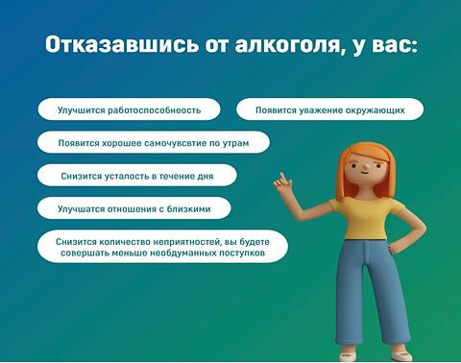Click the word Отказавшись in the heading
point(121,45)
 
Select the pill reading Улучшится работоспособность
point(129,109)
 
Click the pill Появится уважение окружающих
point(329,109)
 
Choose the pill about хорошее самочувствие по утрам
point(154,142)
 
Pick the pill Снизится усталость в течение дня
point(137,176)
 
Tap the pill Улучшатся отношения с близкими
point(133,208)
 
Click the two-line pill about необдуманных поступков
point(162,247)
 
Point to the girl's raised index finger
point(282,177)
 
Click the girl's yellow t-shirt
point(366,219)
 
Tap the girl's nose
point(364,167)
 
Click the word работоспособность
point(154,110)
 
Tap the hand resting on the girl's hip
point(392,248)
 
